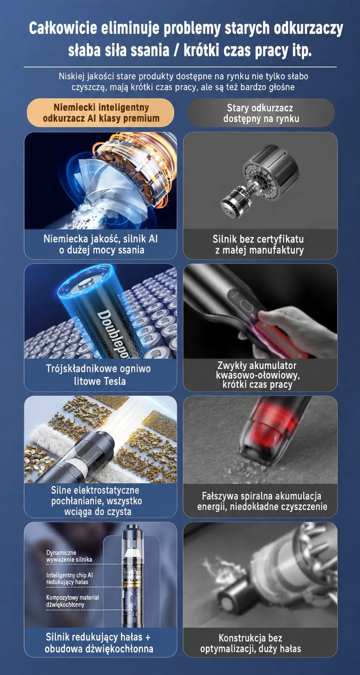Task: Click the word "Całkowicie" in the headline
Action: [x=63, y=28]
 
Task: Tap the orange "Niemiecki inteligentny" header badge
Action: [x=101, y=113]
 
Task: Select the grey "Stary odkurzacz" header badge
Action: [x=261, y=113]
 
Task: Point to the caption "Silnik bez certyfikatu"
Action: [x=258, y=239]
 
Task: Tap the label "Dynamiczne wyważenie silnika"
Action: [x=69, y=556]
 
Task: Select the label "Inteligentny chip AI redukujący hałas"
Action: [x=70, y=578]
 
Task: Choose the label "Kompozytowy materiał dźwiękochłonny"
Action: [x=72, y=601]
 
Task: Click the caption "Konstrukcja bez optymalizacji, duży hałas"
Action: [x=250, y=643]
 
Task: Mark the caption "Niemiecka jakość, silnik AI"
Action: [x=101, y=239]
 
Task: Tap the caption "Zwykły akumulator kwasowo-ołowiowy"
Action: [x=258, y=370]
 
